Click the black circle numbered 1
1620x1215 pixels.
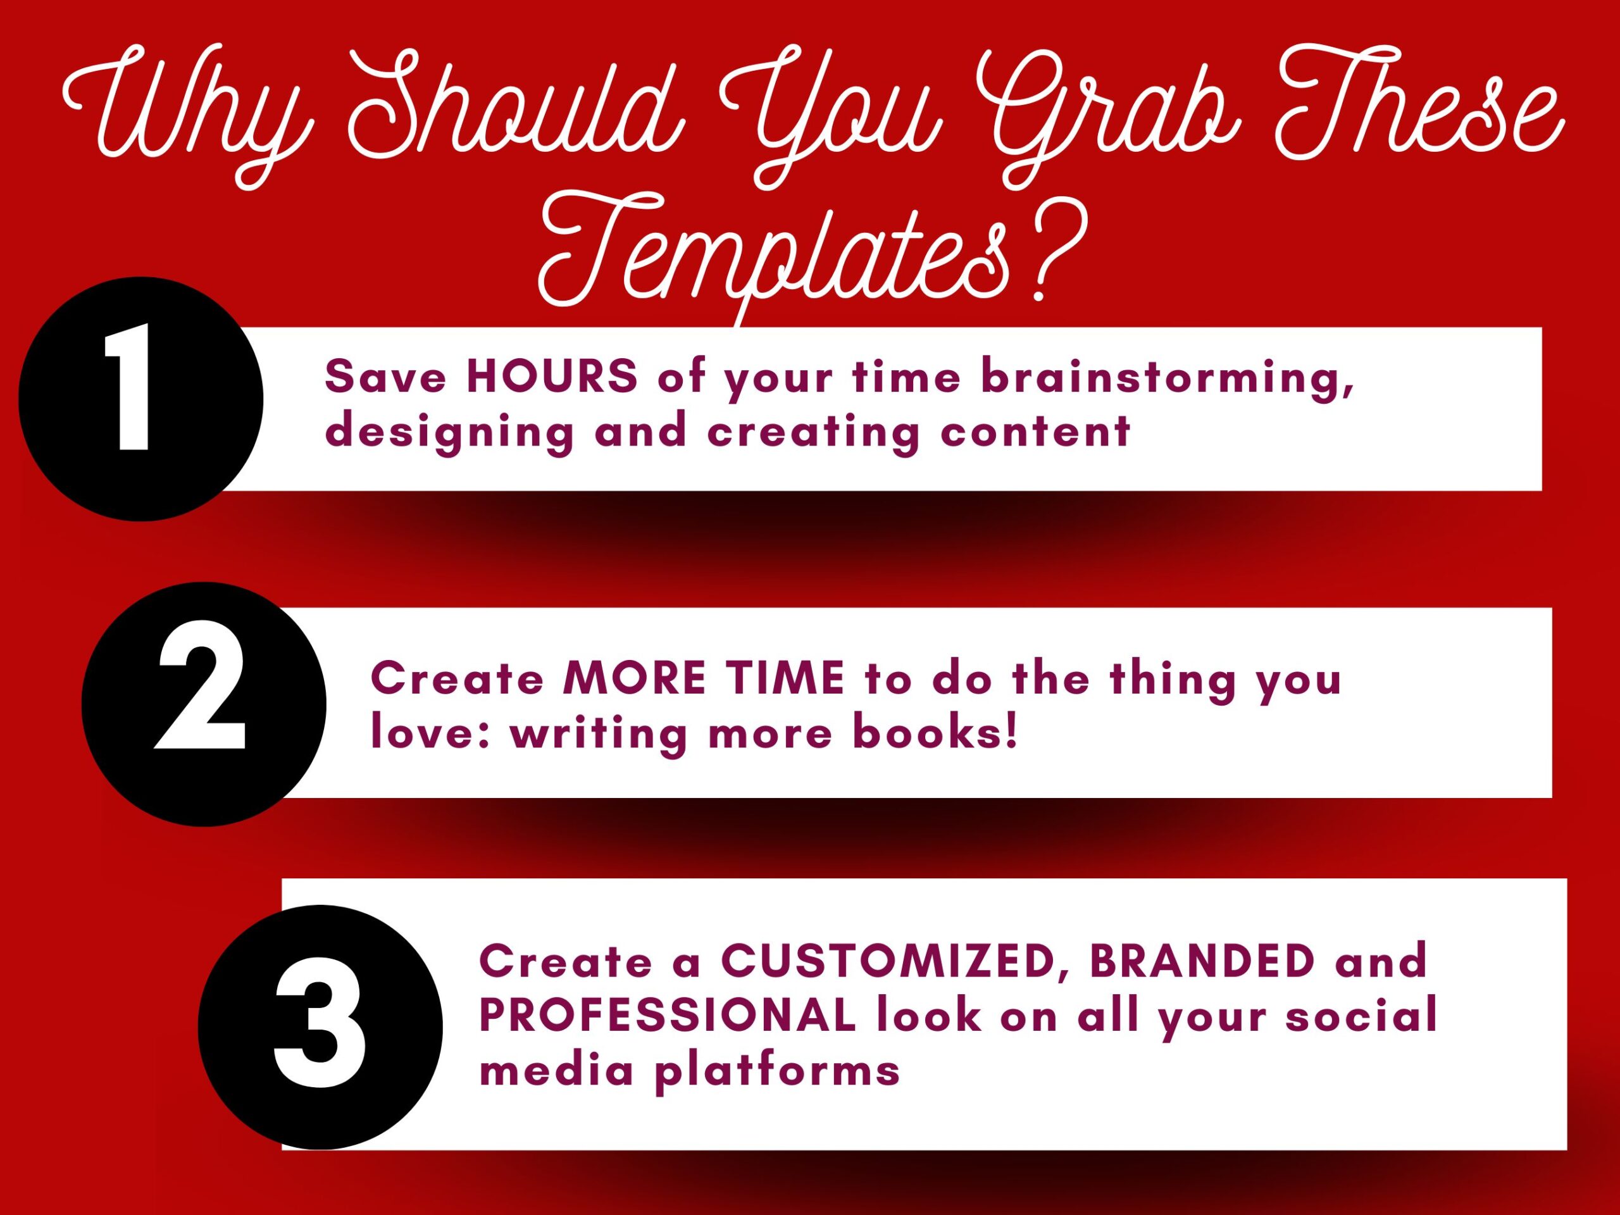(x=140, y=399)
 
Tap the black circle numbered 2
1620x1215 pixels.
(x=204, y=704)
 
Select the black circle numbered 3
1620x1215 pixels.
(x=320, y=1027)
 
